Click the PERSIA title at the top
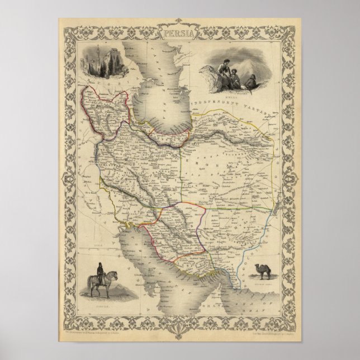[180, 34]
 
